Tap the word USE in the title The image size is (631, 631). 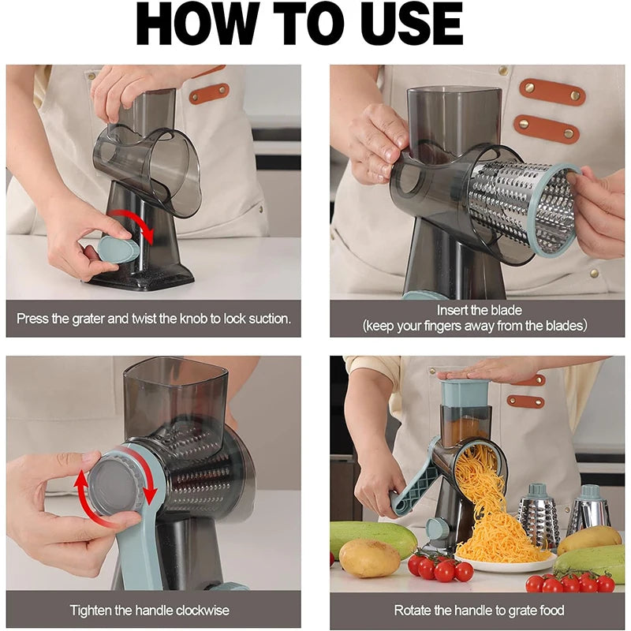click(410, 25)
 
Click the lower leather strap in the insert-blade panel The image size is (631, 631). click(547, 128)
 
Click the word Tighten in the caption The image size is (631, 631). click(91, 610)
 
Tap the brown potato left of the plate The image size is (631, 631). click(370, 558)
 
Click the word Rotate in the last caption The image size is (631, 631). click(413, 610)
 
